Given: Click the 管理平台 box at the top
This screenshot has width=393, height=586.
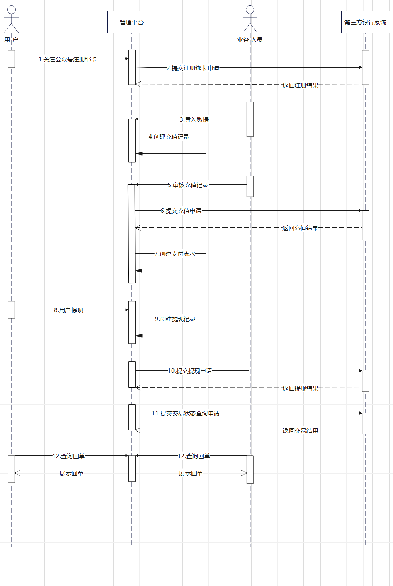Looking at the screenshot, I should click(131, 22).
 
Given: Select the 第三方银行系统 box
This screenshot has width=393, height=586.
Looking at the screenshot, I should click(365, 22).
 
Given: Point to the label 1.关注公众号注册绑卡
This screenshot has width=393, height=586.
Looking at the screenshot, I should click(68, 59).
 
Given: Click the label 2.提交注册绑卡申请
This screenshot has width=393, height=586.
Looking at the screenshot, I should click(193, 68).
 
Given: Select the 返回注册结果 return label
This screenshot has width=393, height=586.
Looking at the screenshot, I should click(300, 85).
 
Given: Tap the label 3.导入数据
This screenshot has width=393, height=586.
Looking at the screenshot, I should click(194, 119).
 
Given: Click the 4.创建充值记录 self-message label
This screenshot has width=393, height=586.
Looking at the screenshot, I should click(169, 137).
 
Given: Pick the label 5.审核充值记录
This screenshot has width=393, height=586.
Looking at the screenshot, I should click(188, 185).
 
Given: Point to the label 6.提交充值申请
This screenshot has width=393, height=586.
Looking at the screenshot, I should click(181, 211).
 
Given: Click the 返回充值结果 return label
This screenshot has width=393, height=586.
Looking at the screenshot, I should click(300, 228).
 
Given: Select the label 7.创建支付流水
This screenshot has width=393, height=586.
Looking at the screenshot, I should click(175, 254).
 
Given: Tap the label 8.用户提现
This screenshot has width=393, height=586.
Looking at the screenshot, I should click(68, 310).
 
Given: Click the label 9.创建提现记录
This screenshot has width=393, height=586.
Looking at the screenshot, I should click(175, 319).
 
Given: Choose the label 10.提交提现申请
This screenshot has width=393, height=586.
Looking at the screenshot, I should click(190, 371).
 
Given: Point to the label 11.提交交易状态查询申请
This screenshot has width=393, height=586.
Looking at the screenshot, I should click(186, 413).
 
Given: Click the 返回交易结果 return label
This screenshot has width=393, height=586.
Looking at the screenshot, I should click(300, 430).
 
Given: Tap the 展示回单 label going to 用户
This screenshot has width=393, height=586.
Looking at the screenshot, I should click(71, 473).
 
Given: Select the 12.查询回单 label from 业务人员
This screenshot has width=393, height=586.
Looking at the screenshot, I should click(194, 456).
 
